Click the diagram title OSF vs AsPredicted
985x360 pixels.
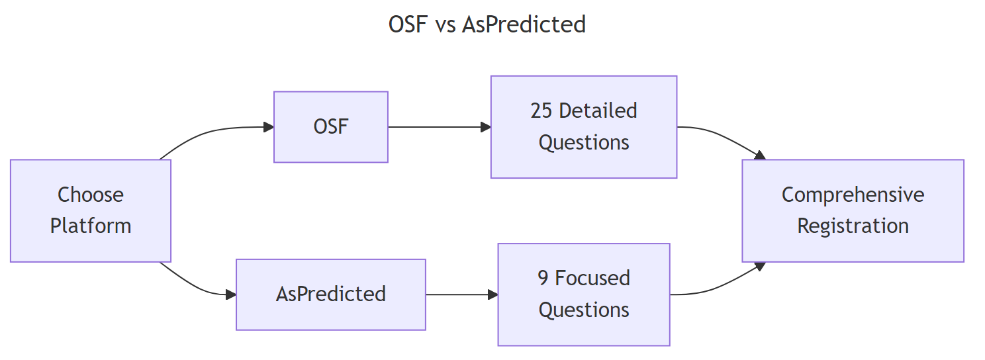[x=487, y=24]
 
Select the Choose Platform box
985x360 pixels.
[x=91, y=210]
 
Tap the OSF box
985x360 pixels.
[x=330, y=127]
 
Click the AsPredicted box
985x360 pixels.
[x=330, y=294]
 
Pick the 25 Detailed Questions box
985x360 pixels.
[x=583, y=126]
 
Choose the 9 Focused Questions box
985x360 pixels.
[x=583, y=294]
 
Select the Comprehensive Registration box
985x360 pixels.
[x=853, y=210]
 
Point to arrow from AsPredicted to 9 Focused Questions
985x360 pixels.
[x=461, y=294]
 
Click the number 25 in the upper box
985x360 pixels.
[x=541, y=111]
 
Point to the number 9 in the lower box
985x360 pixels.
[x=543, y=278]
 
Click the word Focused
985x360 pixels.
[x=592, y=278]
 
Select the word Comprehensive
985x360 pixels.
[x=853, y=195]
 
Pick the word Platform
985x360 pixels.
[x=91, y=226]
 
